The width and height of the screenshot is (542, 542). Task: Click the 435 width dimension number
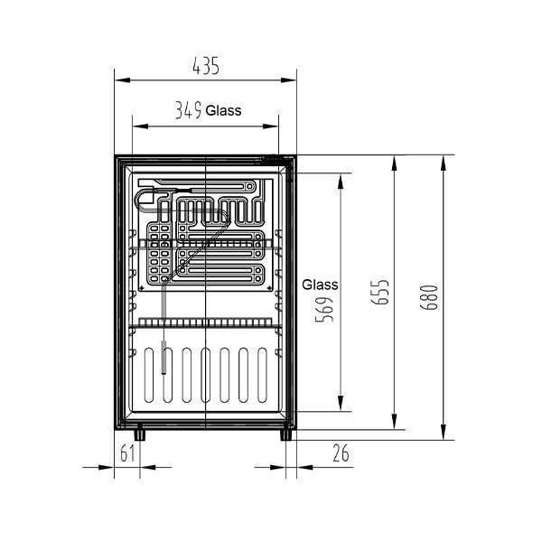tap(207, 65)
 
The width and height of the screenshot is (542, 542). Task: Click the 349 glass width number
tap(187, 111)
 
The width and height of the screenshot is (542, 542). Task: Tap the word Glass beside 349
tap(223, 111)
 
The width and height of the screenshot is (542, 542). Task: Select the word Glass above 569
tap(321, 284)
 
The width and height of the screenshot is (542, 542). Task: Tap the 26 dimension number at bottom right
tap(341, 453)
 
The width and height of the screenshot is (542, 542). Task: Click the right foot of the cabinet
tap(286, 434)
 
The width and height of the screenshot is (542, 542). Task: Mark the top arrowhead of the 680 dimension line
tap(444, 161)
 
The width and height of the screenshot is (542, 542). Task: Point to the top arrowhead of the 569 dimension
tap(340, 177)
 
